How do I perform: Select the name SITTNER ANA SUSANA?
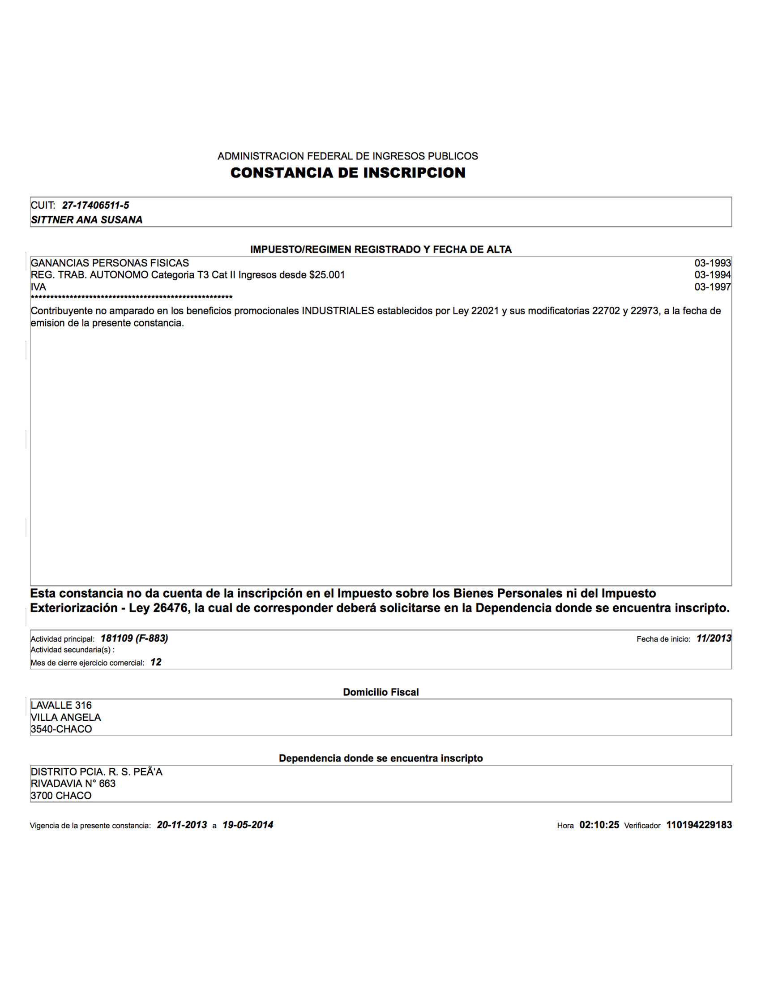tap(86, 220)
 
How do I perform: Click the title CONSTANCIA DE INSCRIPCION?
tap(347, 173)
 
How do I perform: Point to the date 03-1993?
tap(712, 263)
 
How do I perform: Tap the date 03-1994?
tap(712, 274)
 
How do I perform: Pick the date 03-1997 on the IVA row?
tap(712, 287)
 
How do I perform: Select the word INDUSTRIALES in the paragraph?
tap(338, 311)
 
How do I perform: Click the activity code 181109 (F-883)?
tap(134, 638)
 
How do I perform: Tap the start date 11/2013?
tap(713, 638)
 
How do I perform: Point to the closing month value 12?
tap(155, 662)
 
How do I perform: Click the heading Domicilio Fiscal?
tap(380, 692)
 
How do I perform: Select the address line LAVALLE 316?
tap(61, 705)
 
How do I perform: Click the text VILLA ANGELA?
tap(66, 717)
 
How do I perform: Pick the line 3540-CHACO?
tap(61, 729)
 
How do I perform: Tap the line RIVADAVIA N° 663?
tap(73, 784)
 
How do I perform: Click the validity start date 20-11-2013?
tap(182, 825)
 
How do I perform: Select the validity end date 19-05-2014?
tap(248, 825)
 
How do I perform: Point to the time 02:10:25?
tap(599, 825)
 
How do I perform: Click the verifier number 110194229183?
tap(699, 825)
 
